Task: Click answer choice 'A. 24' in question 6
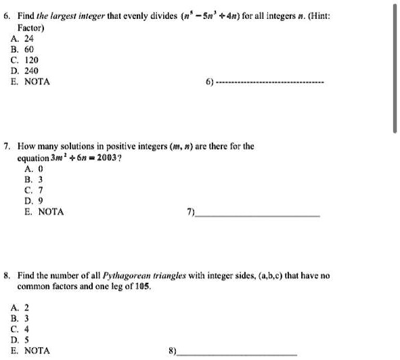[29, 38]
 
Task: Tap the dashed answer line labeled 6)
[271, 82]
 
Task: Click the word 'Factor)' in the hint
[30, 27]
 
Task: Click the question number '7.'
[7, 146]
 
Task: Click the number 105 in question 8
[141, 287]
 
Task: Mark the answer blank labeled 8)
[237, 354]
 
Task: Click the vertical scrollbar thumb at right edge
[395, 68]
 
